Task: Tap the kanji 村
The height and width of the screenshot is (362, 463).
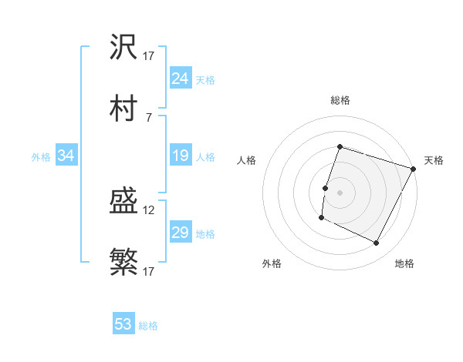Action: click(123, 109)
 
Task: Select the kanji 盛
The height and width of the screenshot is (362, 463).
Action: click(123, 203)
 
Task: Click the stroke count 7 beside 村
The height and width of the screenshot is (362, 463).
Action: click(148, 117)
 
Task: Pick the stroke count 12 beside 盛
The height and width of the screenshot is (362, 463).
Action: click(149, 210)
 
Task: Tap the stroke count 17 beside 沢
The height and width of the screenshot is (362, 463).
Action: click(149, 56)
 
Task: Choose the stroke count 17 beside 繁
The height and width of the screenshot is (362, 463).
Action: click(149, 272)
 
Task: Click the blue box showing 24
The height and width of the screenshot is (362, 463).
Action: click(180, 79)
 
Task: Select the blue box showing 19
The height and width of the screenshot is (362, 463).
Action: click(180, 156)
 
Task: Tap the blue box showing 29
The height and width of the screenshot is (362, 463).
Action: click(180, 233)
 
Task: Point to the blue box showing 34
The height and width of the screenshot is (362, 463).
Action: click(66, 156)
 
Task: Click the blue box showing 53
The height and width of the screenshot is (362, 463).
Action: click(123, 324)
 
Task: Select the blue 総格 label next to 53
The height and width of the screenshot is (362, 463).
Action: click(148, 326)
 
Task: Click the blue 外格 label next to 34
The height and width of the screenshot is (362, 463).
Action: click(41, 157)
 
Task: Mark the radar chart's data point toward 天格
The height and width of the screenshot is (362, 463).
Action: click(414, 169)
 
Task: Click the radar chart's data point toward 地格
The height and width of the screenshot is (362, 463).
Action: click(377, 243)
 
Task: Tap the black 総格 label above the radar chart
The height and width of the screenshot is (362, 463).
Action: click(340, 100)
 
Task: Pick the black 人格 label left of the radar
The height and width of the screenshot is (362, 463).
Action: click(247, 160)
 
